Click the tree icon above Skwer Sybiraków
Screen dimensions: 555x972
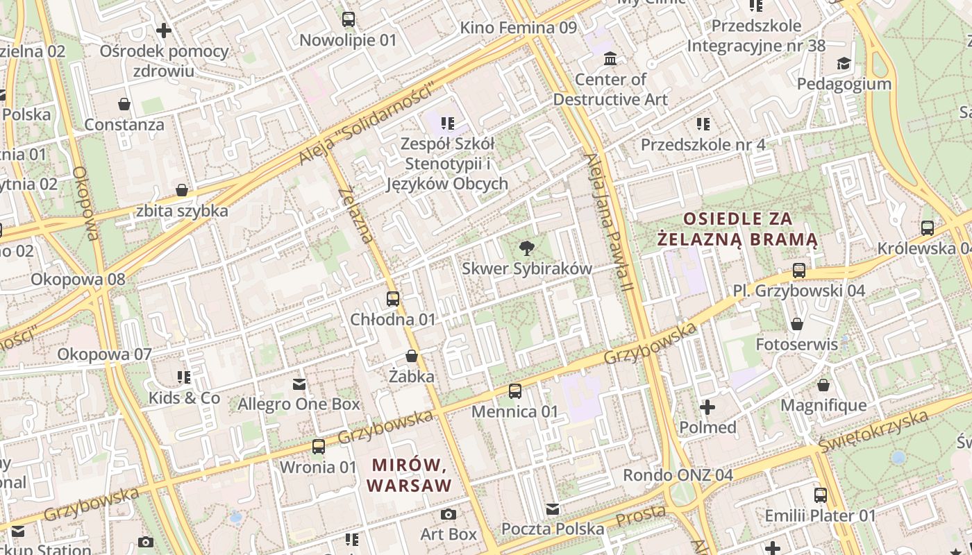527,248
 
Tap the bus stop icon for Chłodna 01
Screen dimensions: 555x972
393,299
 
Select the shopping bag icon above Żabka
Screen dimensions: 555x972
412,357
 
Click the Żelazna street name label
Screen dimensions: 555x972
356,215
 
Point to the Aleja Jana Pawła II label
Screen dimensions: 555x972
610,221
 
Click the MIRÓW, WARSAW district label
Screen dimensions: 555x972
410,475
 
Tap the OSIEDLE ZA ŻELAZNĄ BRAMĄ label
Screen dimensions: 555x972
737,230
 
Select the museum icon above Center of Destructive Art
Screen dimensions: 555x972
610,58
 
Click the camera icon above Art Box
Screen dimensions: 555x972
449,514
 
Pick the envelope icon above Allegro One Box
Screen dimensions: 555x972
299,384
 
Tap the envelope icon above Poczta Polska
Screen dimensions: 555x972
553,509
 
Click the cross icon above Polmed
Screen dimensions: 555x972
707,407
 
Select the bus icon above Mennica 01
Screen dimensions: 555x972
514,391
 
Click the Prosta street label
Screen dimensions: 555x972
641,515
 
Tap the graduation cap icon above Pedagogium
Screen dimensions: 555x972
844,64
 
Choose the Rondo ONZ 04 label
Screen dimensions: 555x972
678,475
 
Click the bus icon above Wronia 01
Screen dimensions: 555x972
319,447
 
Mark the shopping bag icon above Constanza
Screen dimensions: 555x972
124,105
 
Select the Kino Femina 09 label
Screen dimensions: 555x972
519,28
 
